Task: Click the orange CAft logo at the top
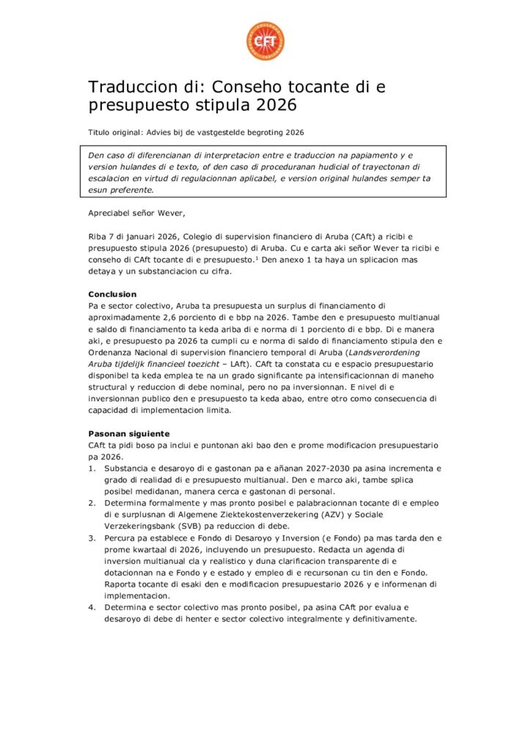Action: pos(265,41)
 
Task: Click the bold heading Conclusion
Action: pos(112,294)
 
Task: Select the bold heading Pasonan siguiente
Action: pos(129,433)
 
